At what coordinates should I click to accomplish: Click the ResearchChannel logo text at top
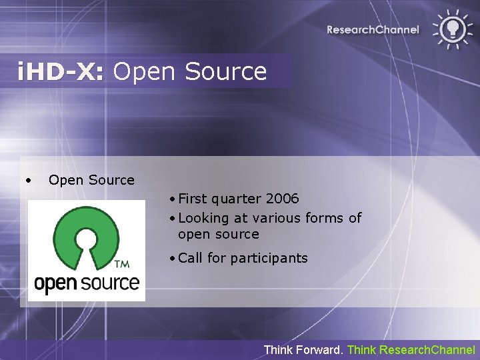(373, 29)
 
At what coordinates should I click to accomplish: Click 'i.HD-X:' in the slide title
(61, 71)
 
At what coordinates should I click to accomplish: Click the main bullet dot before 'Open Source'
(28, 180)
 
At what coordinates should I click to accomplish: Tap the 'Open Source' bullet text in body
(91, 180)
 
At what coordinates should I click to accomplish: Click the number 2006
(283, 199)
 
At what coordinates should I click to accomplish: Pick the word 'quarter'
(239, 199)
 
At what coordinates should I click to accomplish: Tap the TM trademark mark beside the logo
(123, 265)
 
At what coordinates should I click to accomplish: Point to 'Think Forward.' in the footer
(304, 349)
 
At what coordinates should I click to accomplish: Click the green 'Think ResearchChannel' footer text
(411, 349)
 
